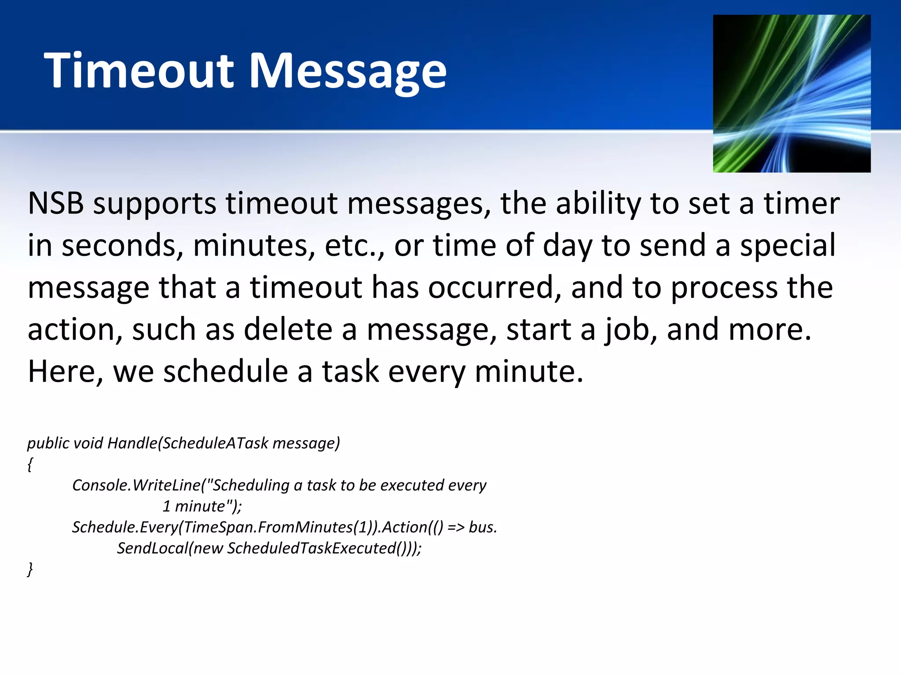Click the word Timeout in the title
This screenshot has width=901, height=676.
(x=139, y=70)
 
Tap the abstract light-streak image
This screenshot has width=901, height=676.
(x=791, y=94)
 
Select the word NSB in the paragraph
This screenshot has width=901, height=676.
(x=55, y=203)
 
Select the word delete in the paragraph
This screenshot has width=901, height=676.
(x=288, y=329)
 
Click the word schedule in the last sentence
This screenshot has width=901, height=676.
(x=225, y=371)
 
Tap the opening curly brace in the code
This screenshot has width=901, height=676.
(x=30, y=464)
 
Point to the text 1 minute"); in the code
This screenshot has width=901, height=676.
(x=202, y=506)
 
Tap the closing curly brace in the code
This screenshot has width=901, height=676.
(x=30, y=569)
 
